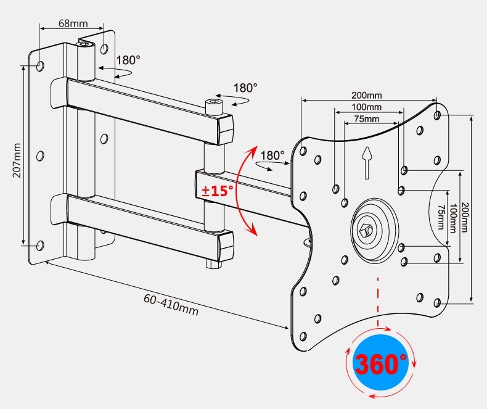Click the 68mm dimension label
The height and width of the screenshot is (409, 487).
click(73, 23)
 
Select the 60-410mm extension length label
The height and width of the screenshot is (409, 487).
click(171, 304)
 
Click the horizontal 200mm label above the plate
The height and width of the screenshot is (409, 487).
click(367, 96)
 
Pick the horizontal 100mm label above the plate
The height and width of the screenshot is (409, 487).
click(367, 107)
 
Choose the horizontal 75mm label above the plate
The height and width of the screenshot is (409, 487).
click(367, 119)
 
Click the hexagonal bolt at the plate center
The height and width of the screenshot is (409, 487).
click(368, 231)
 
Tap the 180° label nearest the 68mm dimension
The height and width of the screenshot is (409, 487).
click(128, 60)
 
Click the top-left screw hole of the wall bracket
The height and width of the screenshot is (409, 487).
click(40, 65)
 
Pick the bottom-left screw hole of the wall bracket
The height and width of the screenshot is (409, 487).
click(40, 246)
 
